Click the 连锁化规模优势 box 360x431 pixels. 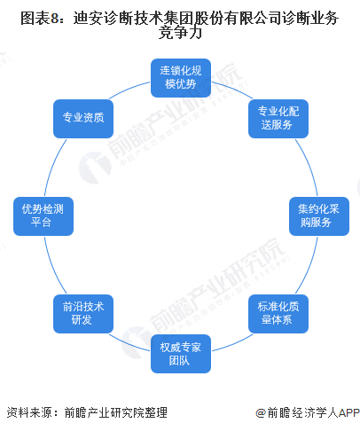[181, 78]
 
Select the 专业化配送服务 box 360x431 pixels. [278, 119]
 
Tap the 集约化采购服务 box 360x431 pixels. [319, 216]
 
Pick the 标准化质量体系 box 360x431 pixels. [278, 314]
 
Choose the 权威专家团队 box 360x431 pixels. [181, 354]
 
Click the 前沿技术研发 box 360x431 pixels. [83, 314]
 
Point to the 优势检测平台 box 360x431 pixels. [43, 216]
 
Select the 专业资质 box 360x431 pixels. [83, 119]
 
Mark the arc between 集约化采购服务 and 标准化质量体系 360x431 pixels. [309, 266]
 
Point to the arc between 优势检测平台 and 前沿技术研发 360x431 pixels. [52, 266]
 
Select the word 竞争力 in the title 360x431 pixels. [180, 33]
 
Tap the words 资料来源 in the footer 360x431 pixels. [29, 412]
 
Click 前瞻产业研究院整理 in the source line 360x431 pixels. [116, 412]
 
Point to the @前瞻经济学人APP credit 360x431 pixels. [308, 412]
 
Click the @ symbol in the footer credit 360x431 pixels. [261, 413]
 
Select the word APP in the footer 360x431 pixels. [348, 412]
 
